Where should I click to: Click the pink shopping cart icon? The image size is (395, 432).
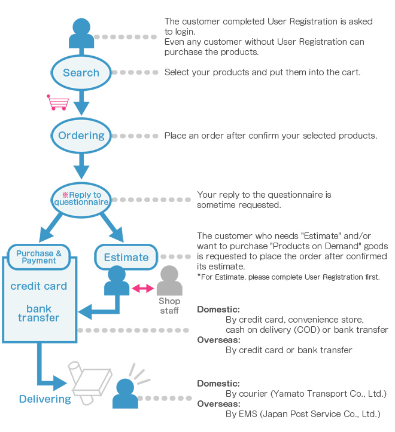[x=57, y=103]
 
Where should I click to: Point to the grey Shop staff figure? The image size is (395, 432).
[x=169, y=280]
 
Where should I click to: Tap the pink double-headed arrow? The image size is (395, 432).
[x=142, y=289]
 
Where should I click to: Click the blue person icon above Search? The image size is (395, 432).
[x=81, y=33]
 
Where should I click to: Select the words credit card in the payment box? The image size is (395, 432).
[x=39, y=286]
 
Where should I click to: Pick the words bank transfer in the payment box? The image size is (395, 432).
[x=39, y=313]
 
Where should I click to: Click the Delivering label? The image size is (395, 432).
[x=45, y=399]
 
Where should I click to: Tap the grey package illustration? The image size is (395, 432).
[x=90, y=382]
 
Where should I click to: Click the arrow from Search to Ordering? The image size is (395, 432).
[x=81, y=103]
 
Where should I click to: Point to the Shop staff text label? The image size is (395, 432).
[x=169, y=306]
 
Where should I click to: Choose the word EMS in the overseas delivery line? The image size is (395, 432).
[x=248, y=414]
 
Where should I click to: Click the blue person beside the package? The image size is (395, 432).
[x=125, y=393]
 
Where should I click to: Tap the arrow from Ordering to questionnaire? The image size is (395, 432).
[x=81, y=166]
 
